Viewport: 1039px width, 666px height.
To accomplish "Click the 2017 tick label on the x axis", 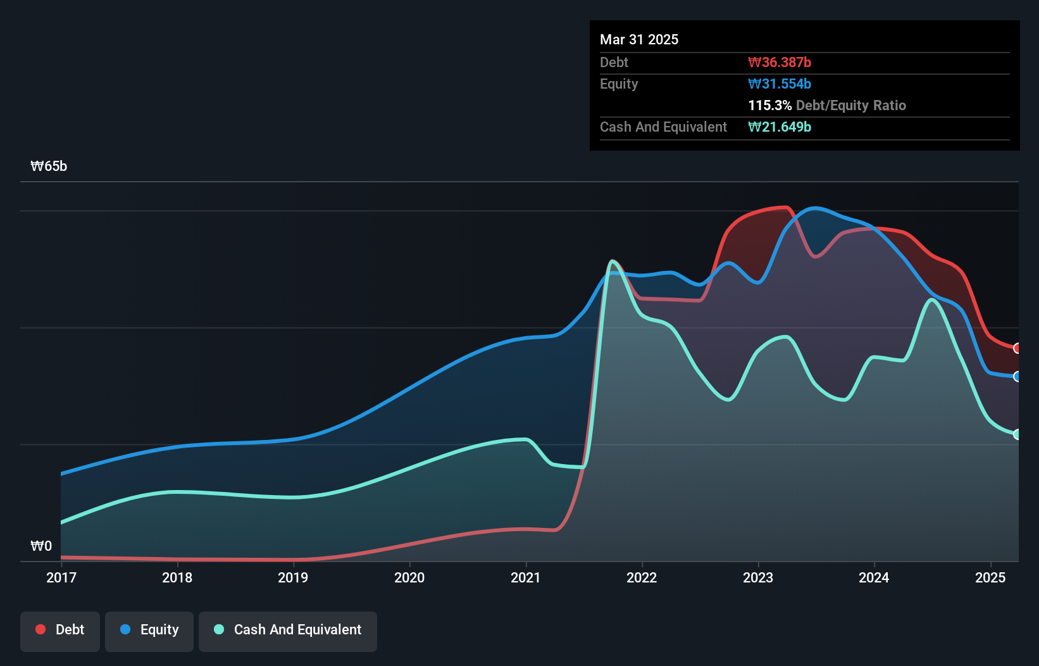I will click(x=61, y=577).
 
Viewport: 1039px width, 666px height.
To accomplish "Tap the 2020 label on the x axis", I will click(x=409, y=577).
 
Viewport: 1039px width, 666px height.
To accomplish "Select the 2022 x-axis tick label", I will click(x=642, y=577).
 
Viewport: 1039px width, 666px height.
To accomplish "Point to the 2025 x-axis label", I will click(x=990, y=577).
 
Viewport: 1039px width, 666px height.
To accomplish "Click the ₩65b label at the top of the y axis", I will click(x=49, y=166).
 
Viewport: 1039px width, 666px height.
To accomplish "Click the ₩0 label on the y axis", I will click(x=41, y=546).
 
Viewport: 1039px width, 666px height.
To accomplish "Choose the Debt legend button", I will click(x=60, y=630).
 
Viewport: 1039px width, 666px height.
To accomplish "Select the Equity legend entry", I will click(x=149, y=630).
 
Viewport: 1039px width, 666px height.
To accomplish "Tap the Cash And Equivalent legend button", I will click(x=288, y=630).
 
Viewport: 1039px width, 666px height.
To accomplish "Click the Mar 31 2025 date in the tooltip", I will click(x=639, y=39).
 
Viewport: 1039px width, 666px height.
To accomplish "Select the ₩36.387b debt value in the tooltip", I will click(x=780, y=62).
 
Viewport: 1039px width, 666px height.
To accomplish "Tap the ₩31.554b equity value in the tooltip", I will click(x=780, y=84).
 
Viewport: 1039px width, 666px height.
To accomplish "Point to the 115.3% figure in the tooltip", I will click(x=769, y=105).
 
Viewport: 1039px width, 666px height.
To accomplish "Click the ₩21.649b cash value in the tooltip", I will click(x=780, y=127).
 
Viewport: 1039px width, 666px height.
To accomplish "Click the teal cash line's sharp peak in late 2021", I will click(x=612, y=261).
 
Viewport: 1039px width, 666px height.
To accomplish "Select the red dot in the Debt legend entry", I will click(x=40, y=629).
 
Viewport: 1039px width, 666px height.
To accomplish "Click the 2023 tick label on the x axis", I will click(x=758, y=577).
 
